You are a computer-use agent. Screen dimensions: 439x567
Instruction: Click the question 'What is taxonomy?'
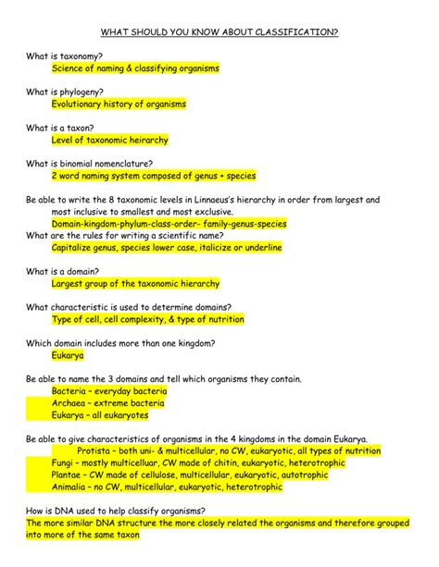tap(64, 56)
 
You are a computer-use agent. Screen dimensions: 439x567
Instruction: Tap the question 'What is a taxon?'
tap(60, 128)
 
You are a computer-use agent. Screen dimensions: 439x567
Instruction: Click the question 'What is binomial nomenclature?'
tap(89, 163)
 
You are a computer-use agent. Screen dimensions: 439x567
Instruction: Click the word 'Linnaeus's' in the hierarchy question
tap(277, 199)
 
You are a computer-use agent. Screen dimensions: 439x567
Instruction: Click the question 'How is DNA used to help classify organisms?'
tap(116, 511)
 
